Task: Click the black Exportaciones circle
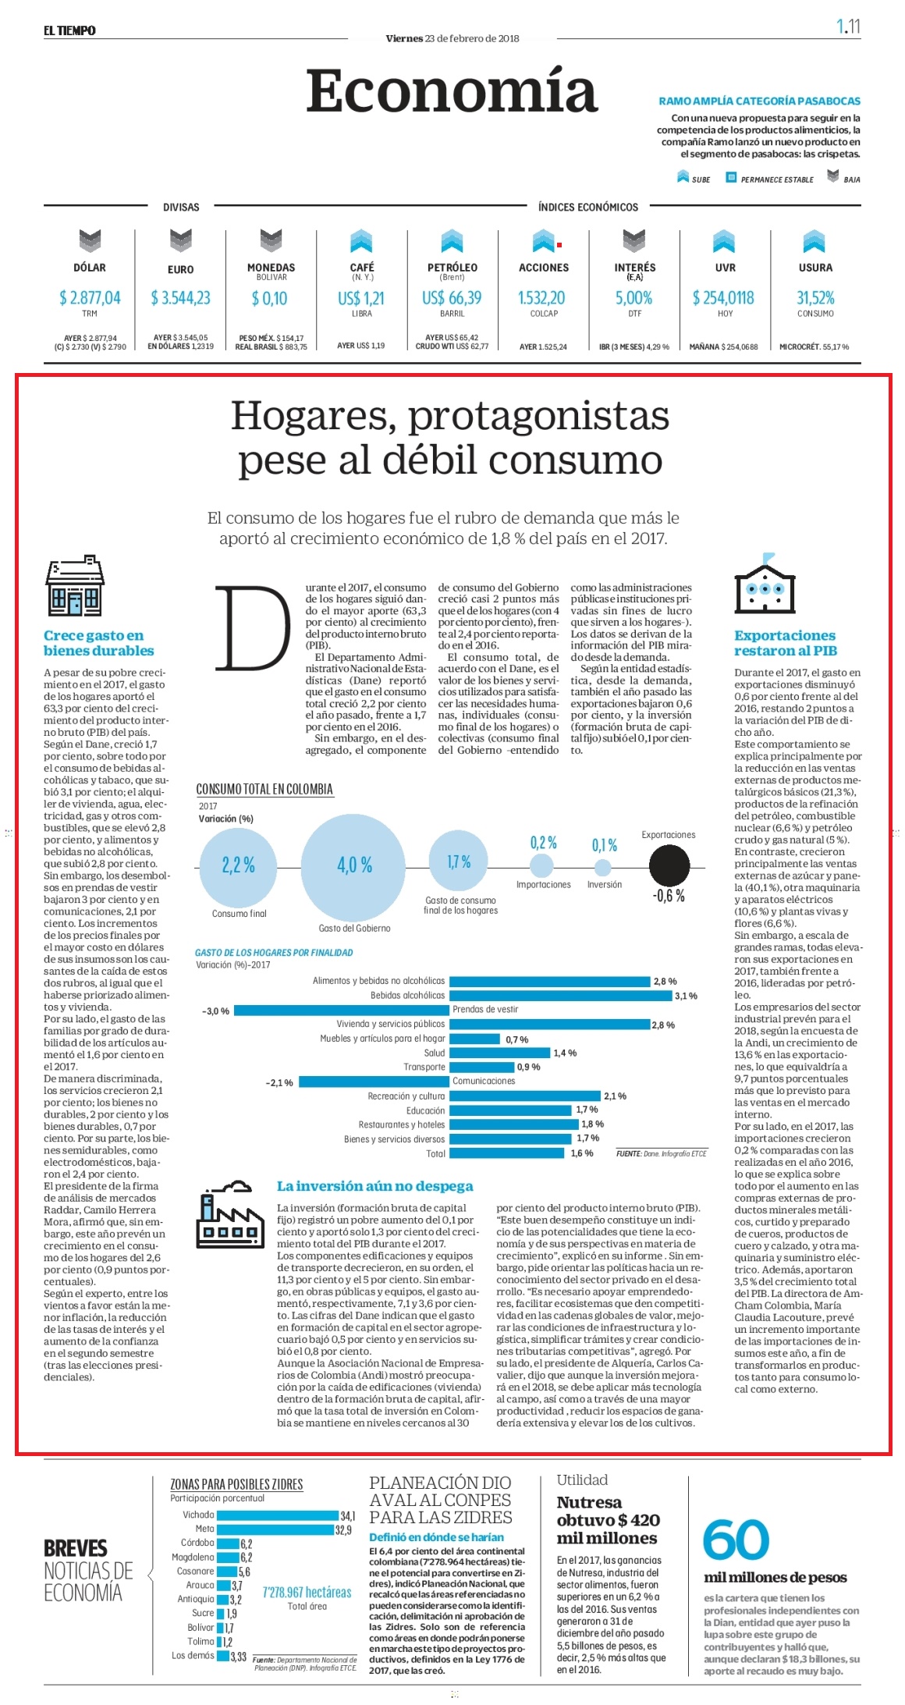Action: point(669,865)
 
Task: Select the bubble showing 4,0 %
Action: point(355,866)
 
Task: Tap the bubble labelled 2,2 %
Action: point(238,865)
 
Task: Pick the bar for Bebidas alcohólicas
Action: point(560,996)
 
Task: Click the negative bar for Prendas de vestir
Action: point(342,1010)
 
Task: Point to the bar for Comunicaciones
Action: point(374,1082)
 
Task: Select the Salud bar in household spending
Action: point(499,1053)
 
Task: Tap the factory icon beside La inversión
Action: point(228,1213)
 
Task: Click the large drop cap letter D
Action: point(253,628)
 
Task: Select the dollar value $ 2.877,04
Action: point(90,298)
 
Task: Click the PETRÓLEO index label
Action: point(452,268)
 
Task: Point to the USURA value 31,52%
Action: point(815,298)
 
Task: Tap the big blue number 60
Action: point(736,1540)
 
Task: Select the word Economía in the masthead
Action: point(452,91)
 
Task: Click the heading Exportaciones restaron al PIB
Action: point(785,643)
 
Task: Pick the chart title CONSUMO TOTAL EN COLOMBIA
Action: point(264,789)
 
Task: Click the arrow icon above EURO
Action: point(180,240)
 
